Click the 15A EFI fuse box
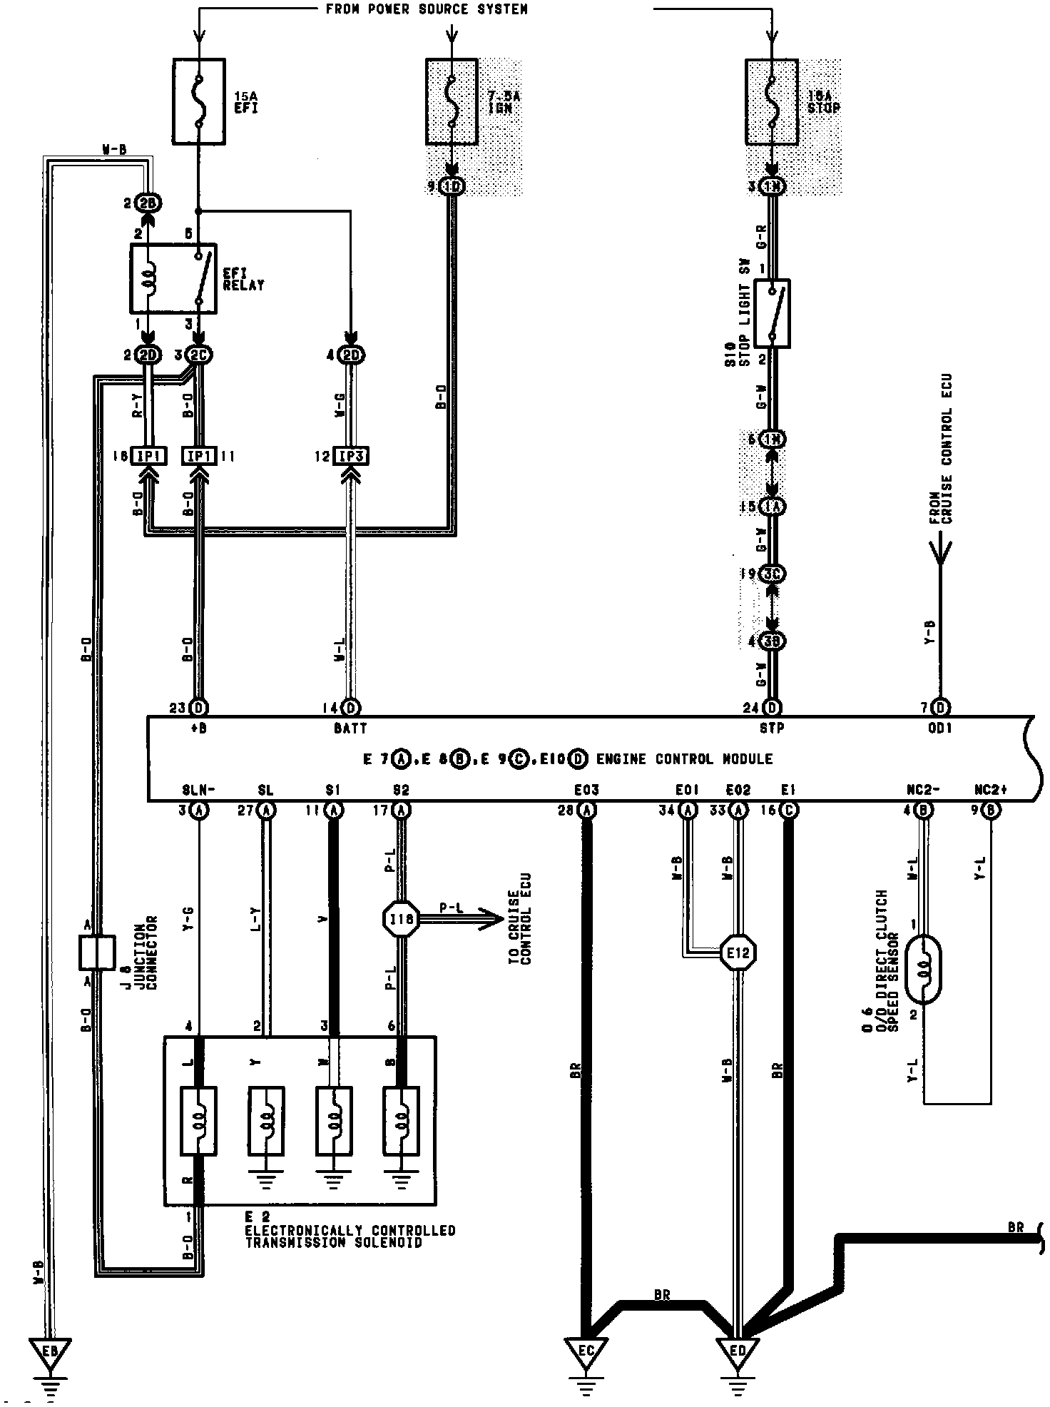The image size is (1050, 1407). pyautogui.click(x=199, y=101)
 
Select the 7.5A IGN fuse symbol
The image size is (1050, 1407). pyautogui.click(x=452, y=102)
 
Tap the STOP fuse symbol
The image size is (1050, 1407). pyautogui.click(x=771, y=102)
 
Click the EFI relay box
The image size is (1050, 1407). pyautogui.click(x=173, y=279)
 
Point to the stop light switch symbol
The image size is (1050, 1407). pyautogui.click(x=771, y=313)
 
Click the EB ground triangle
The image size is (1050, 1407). pyautogui.click(x=49, y=1350)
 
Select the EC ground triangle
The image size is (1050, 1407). pyautogui.click(x=586, y=1350)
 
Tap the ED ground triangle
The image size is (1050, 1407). pyautogui.click(x=738, y=1350)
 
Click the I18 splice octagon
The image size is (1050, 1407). pyautogui.click(x=401, y=920)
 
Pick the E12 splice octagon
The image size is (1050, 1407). pyautogui.click(x=738, y=952)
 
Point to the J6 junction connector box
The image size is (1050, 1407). pyautogui.click(x=96, y=953)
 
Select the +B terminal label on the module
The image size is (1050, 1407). pyautogui.click(x=199, y=728)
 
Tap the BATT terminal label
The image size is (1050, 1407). pyautogui.click(x=350, y=728)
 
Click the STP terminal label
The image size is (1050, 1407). pyautogui.click(x=772, y=728)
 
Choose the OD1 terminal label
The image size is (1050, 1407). pyautogui.click(x=940, y=728)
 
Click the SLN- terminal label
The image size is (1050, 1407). pyautogui.click(x=199, y=791)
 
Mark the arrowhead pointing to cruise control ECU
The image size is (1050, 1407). pyautogui.click(x=494, y=920)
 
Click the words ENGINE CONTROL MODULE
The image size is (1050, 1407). pyautogui.click(x=684, y=759)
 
